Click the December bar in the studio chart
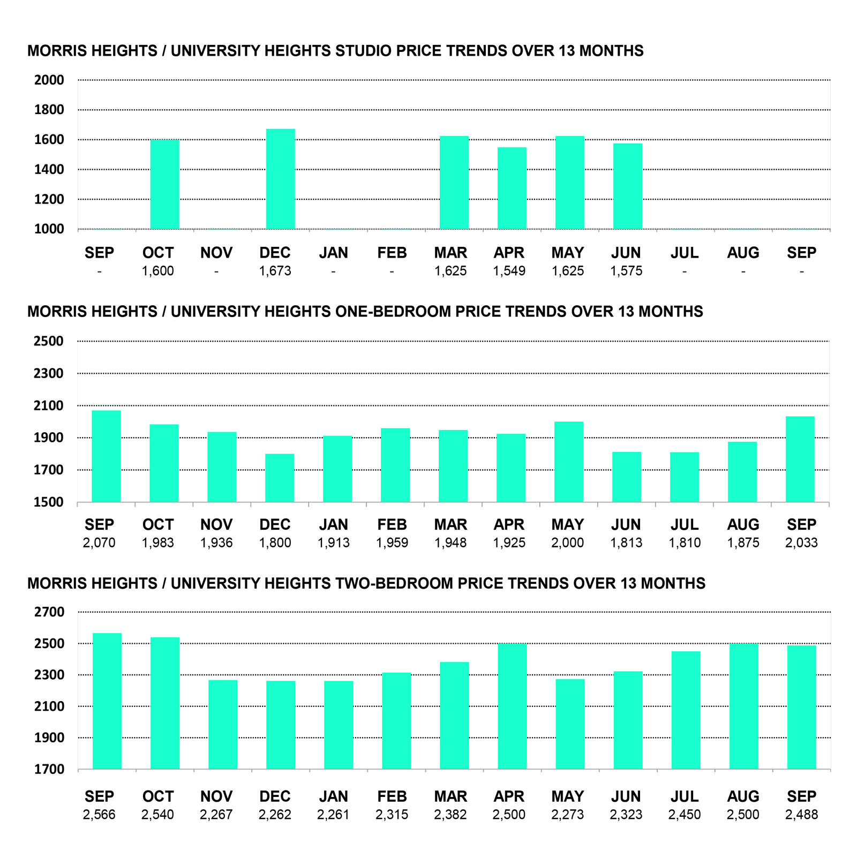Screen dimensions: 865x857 [x=280, y=179]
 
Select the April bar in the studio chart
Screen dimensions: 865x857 [x=512, y=188]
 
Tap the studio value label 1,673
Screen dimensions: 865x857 [x=275, y=271]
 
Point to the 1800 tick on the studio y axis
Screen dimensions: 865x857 [x=49, y=110]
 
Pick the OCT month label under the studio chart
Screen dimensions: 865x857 [x=158, y=253]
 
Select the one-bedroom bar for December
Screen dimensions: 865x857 [x=280, y=478]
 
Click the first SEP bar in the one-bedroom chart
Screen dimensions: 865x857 [x=106, y=456]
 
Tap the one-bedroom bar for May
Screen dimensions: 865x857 [x=569, y=462]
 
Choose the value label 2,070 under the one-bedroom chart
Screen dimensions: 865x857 [x=99, y=543]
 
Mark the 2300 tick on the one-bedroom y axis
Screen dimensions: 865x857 [x=48, y=373]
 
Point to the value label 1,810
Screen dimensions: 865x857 [x=685, y=543]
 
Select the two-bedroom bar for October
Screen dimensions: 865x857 [x=165, y=703]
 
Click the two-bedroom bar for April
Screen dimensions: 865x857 [x=512, y=706]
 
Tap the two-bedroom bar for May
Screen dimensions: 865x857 [x=570, y=724]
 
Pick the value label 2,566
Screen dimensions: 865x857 [x=99, y=815]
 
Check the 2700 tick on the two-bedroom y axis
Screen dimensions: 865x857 [x=49, y=612]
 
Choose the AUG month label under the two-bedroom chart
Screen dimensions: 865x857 [x=743, y=796]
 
